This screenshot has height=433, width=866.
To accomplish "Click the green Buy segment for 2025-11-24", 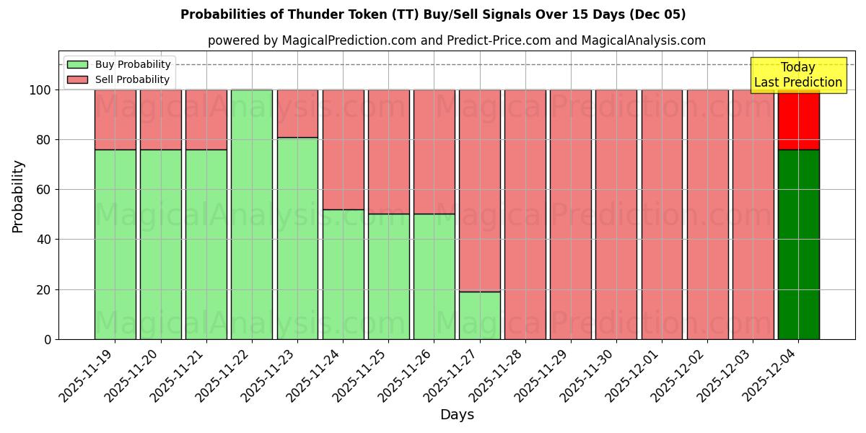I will (x=343, y=274).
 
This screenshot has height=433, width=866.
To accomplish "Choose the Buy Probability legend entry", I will (x=119, y=64).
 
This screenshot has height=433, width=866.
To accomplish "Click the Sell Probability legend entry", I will (x=119, y=79).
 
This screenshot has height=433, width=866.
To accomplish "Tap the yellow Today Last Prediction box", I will (x=798, y=75).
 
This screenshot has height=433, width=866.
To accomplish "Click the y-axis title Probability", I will (x=18, y=196).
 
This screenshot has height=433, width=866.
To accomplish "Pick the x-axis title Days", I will (x=457, y=415).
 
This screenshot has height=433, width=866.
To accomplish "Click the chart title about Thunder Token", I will (x=433, y=14).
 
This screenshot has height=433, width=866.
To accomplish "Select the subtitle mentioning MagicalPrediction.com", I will (x=457, y=40).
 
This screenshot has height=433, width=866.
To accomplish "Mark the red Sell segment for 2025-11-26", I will (x=434, y=152).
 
